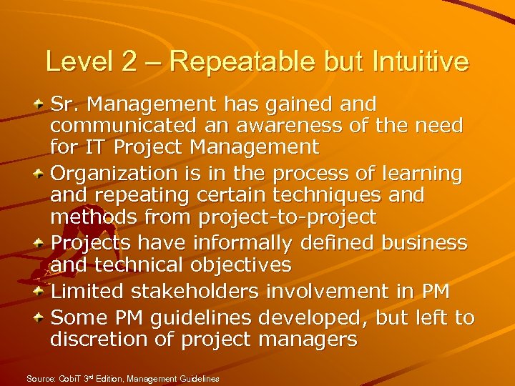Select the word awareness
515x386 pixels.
(x=318, y=127)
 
